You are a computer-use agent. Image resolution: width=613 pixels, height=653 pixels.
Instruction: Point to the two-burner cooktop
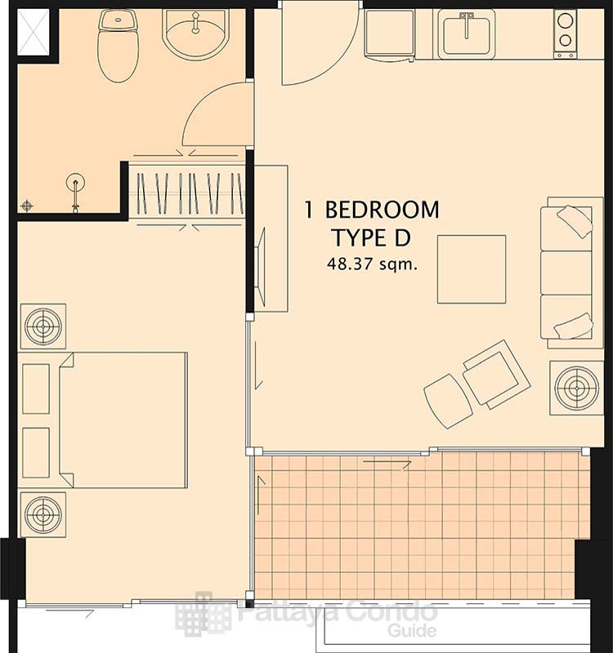point(565,33)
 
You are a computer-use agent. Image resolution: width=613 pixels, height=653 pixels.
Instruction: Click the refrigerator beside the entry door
point(390,33)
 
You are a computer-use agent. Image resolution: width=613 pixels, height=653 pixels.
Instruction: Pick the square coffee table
point(472,269)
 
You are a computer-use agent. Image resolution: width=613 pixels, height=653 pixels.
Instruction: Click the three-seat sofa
point(572,273)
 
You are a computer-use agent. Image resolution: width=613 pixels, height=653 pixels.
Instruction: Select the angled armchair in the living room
point(496,375)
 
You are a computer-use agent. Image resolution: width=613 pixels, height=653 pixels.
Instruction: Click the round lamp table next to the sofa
point(576,388)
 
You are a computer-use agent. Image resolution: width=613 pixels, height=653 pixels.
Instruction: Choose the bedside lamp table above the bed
point(43,326)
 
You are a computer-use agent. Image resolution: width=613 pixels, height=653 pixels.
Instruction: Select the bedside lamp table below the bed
point(43,514)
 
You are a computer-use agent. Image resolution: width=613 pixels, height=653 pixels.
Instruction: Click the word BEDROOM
point(382,210)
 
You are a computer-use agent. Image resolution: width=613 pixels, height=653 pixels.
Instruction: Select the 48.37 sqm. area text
point(372,264)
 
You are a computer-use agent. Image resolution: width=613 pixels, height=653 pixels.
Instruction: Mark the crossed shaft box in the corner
point(34,33)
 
